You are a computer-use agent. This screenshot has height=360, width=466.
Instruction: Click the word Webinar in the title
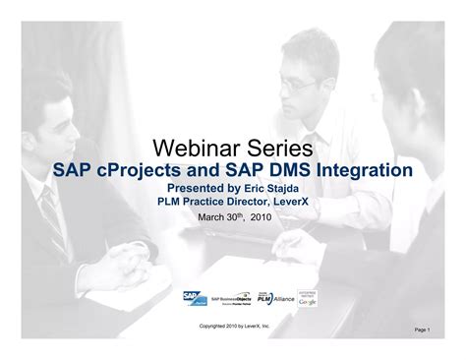192,149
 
